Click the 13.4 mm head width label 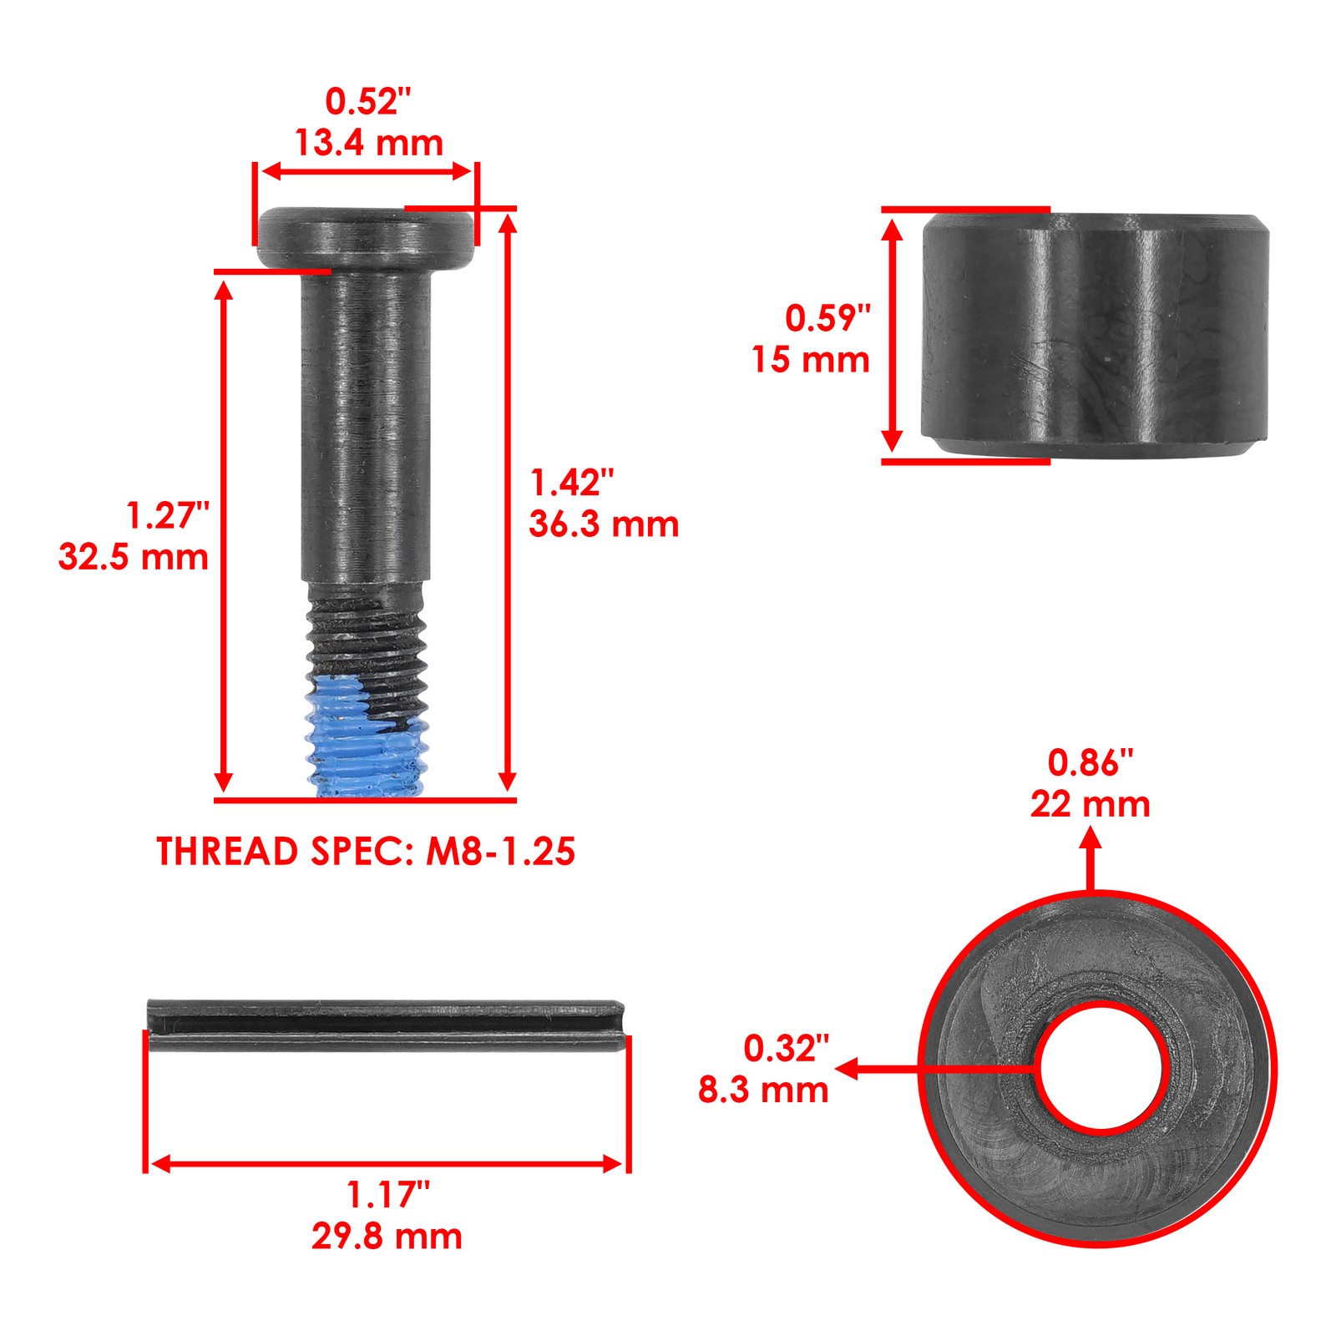tap(368, 144)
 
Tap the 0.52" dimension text tap(368, 102)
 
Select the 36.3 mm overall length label tap(604, 524)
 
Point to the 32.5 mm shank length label tap(134, 557)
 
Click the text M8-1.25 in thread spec tap(500, 852)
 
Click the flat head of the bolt tap(365, 237)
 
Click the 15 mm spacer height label tap(811, 360)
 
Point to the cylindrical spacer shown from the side tap(1094, 334)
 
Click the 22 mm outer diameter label tap(1090, 805)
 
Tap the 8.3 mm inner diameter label tap(763, 1091)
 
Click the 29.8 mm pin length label tap(387, 1237)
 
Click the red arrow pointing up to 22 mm tap(1091, 860)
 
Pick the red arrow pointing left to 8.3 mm tap(935, 1068)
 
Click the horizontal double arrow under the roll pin tap(387, 1164)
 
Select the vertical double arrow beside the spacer tap(893, 334)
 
